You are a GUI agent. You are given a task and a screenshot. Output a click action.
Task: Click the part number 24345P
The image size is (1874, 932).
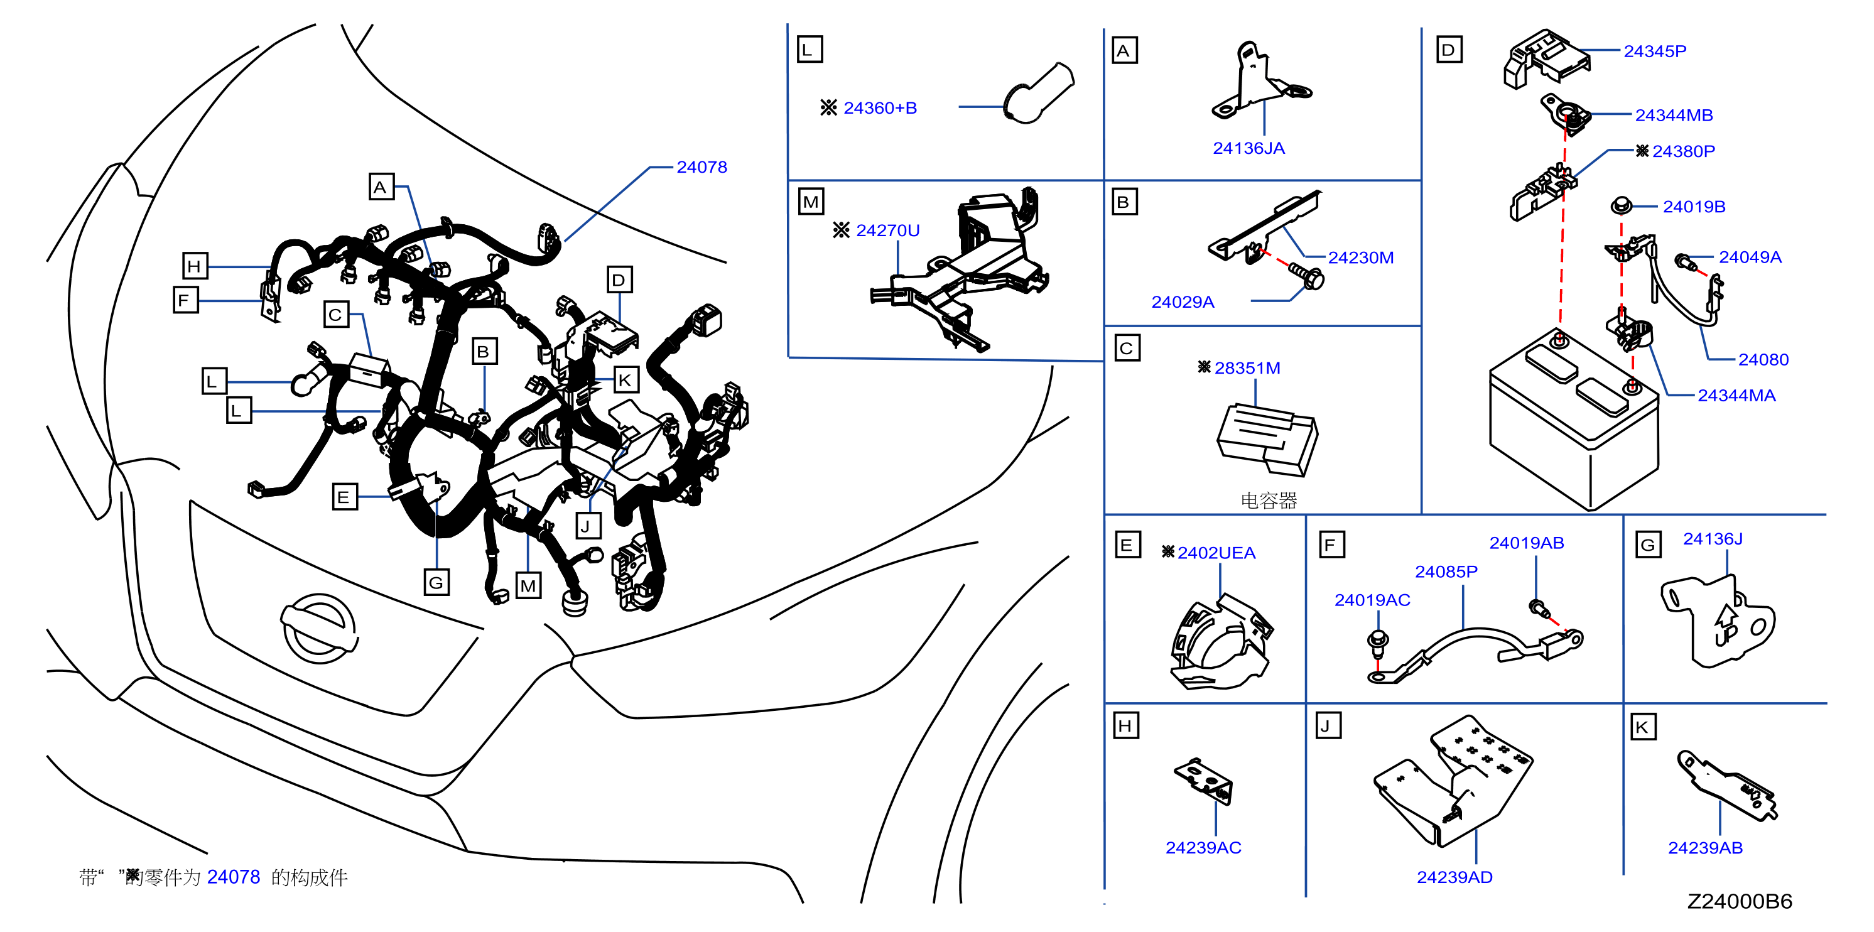1654,51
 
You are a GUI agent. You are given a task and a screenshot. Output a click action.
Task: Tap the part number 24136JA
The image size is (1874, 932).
1248,148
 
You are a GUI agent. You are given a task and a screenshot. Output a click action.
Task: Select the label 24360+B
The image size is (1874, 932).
879,107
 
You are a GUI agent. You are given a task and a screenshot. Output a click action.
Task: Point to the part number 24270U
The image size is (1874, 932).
887,230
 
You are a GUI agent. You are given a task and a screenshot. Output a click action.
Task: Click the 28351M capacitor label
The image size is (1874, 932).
1247,368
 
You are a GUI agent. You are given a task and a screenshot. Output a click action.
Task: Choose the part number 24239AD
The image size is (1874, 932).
1454,877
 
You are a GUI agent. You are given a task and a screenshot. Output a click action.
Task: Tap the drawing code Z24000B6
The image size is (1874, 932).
1740,901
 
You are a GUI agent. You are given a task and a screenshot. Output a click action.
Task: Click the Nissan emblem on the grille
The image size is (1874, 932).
318,628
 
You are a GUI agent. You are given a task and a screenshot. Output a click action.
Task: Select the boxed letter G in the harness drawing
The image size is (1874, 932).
436,582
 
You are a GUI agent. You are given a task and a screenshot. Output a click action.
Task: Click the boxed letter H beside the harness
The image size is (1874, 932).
194,266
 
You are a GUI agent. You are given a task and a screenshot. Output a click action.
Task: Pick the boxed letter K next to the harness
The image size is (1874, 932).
625,380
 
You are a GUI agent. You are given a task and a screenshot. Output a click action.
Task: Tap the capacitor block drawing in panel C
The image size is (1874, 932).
1267,440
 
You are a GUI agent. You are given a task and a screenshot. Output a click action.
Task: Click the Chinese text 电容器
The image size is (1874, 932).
1269,501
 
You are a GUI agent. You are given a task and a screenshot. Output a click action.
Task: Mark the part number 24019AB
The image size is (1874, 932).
1526,543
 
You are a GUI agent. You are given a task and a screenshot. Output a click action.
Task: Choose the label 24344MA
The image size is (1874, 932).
1736,395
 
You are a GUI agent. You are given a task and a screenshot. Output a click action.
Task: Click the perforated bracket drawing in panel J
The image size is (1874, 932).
1453,781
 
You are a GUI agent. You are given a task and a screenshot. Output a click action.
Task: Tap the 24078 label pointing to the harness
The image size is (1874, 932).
701,166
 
